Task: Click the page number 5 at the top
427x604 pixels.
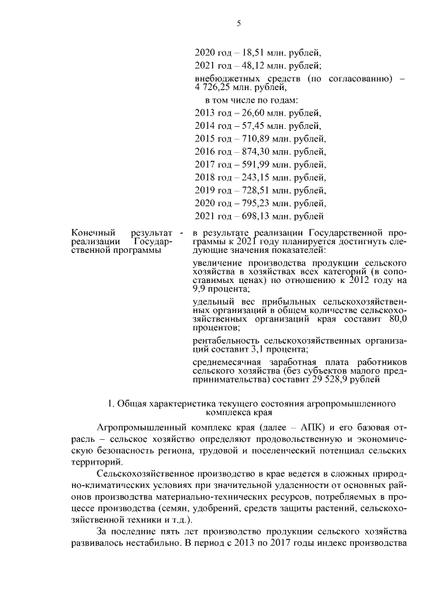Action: (238, 24)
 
